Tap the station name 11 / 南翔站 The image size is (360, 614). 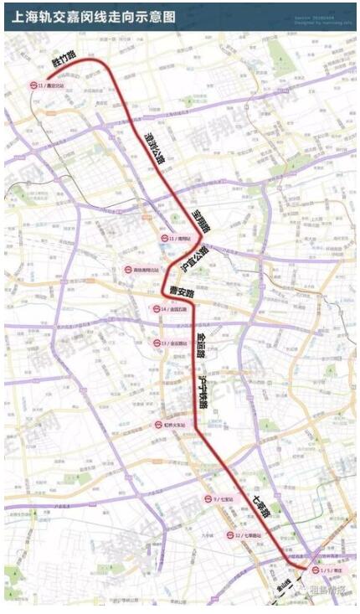click(x=180, y=239)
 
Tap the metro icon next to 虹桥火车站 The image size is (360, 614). click(x=157, y=425)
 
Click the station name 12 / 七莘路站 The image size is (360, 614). click(x=249, y=535)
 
